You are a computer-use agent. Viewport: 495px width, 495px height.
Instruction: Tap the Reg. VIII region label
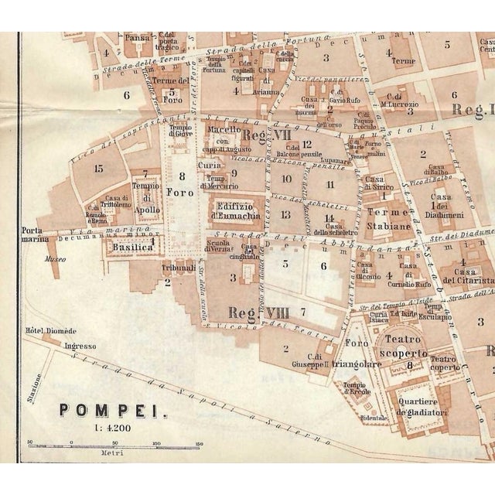tap(248, 312)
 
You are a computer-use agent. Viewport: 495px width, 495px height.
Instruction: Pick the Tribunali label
tap(163, 266)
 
